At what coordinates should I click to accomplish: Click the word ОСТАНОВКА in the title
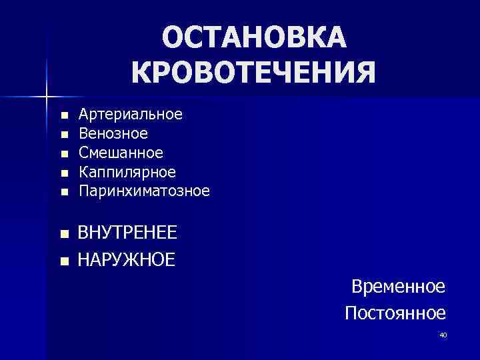tap(254, 38)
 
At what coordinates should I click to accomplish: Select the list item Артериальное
tap(130, 114)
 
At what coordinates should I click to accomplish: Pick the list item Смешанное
tap(121, 153)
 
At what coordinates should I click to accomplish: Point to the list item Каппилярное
tap(127, 172)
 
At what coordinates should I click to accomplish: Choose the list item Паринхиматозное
tap(143, 191)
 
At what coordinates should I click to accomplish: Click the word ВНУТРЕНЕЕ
tap(127, 233)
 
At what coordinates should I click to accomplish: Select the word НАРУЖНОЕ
tap(127, 259)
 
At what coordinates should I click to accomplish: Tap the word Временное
tap(398, 287)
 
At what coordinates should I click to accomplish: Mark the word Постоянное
tap(395, 312)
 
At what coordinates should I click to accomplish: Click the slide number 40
tap(443, 335)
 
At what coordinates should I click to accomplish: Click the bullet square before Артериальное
tap(63, 115)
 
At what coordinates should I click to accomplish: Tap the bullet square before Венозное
tap(63, 135)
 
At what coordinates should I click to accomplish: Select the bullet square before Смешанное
tap(63, 154)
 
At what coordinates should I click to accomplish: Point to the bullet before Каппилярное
tap(63, 173)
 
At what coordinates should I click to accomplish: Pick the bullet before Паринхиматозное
tap(63, 193)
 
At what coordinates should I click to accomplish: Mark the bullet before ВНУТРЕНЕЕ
tap(63, 234)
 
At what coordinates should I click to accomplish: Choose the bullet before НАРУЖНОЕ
tap(63, 260)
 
